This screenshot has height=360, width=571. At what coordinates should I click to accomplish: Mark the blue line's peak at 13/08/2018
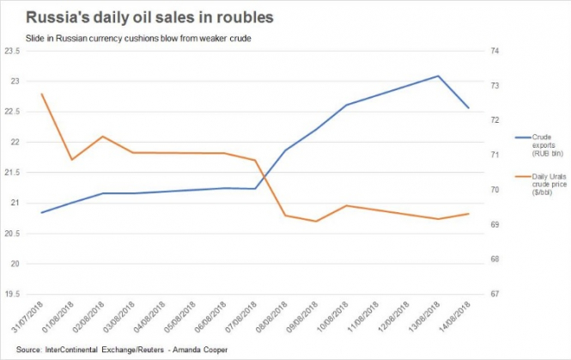pos(439,76)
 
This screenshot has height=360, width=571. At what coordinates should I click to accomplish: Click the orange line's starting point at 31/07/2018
pos(42,94)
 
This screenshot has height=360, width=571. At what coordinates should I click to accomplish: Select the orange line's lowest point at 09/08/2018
pos(317,222)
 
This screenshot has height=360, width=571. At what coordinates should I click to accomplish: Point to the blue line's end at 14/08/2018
pos(469,108)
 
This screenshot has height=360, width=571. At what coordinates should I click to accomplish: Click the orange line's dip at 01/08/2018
pos(72,160)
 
